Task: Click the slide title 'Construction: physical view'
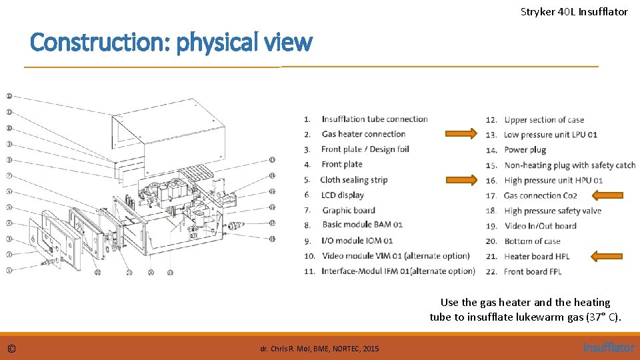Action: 171,43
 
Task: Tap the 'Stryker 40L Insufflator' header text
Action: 574,11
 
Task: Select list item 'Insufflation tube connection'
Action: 374,119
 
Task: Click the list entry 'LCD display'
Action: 343,195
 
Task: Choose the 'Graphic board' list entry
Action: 348,211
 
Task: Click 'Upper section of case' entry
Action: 543,120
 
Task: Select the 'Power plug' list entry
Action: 525,150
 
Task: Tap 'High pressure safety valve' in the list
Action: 552,211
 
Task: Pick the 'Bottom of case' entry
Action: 532,241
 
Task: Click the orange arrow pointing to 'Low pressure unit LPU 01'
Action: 462,133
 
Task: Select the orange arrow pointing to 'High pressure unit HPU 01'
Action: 462,179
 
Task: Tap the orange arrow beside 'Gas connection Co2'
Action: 609,195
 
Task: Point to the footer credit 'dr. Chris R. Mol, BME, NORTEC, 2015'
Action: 319,349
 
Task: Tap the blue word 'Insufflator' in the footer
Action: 609,347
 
